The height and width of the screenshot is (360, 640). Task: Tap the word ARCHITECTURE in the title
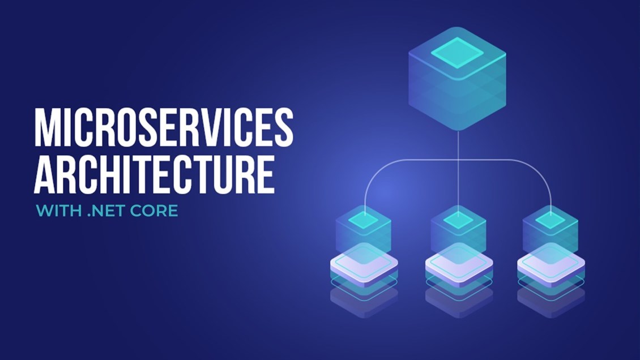coord(154,174)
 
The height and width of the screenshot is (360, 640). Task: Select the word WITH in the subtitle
coord(59,211)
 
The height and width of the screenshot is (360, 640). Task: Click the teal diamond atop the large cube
coord(458,53)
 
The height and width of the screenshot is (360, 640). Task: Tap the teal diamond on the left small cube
coord(364,220)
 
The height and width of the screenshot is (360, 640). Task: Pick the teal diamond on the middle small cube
coord(458,220)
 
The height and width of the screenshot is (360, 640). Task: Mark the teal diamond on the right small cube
coord(550,220)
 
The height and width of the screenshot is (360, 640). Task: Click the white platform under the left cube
coord(364,263)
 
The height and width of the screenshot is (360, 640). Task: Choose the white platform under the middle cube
coord(459,263)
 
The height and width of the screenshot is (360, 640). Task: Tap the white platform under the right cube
coord(551,263)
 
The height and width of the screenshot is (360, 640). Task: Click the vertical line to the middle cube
coord(458,172)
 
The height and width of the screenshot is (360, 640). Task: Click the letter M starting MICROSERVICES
coord(45,127)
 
